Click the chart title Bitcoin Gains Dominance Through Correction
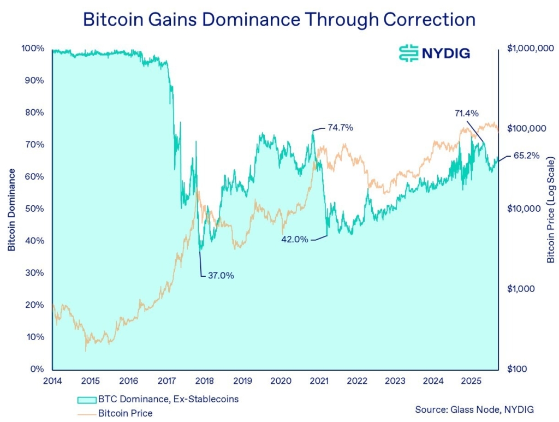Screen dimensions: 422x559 tap(279, 19)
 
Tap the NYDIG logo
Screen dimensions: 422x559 tap(435, 52)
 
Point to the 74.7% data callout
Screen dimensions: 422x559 tap(340, 128)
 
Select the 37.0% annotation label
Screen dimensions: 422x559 tap(221, 276)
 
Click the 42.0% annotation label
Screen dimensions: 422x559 tap(295, 239)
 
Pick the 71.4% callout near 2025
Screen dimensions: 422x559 tap(466, 114)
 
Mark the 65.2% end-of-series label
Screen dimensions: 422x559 tap(527, 156)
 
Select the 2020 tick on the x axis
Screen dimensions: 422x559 tap(280, 381)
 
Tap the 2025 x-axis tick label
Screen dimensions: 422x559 tap(470, 381)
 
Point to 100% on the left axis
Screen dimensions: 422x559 tap(33, 48)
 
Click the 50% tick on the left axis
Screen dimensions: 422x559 tap(34, 209)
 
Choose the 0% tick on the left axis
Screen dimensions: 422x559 tap(37, 369)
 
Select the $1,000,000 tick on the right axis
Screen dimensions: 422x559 tap(527, 49)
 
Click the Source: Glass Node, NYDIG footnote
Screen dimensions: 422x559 tap(474, 409)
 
